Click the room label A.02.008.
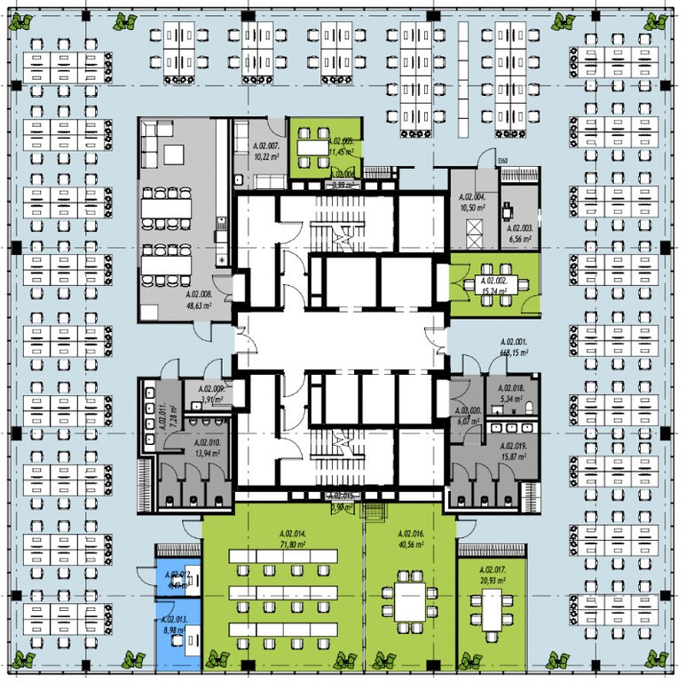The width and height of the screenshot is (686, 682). click(x=199, y=294)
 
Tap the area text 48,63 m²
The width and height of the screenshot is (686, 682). click(x=199, y=305)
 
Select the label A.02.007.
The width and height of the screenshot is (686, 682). click(x=267, y=145)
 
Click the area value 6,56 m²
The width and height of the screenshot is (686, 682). click(x=520, y=238)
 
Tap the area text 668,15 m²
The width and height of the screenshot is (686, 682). click(x=514, y=352)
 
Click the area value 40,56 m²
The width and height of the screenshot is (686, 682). click(x=409, y=545)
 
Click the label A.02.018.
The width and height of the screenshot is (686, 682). click(x=513, y=389)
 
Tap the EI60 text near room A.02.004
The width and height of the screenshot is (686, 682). click(x=502, y=161)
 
